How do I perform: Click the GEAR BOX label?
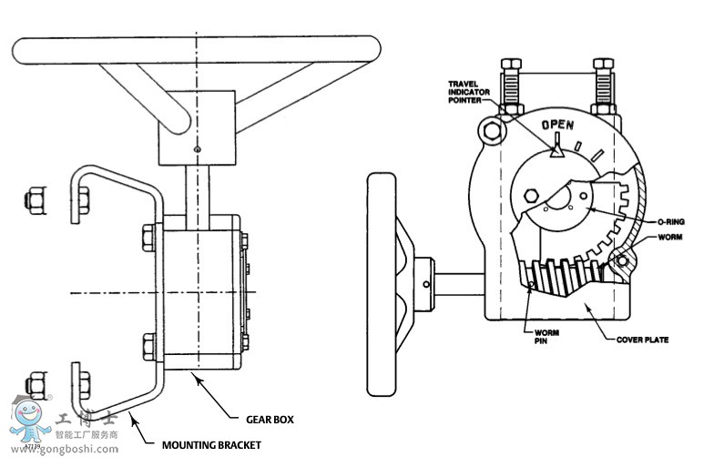(x=270, y=420)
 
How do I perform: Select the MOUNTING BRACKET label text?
(x=211, y=445)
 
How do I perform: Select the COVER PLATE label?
(x=643, y=340)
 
